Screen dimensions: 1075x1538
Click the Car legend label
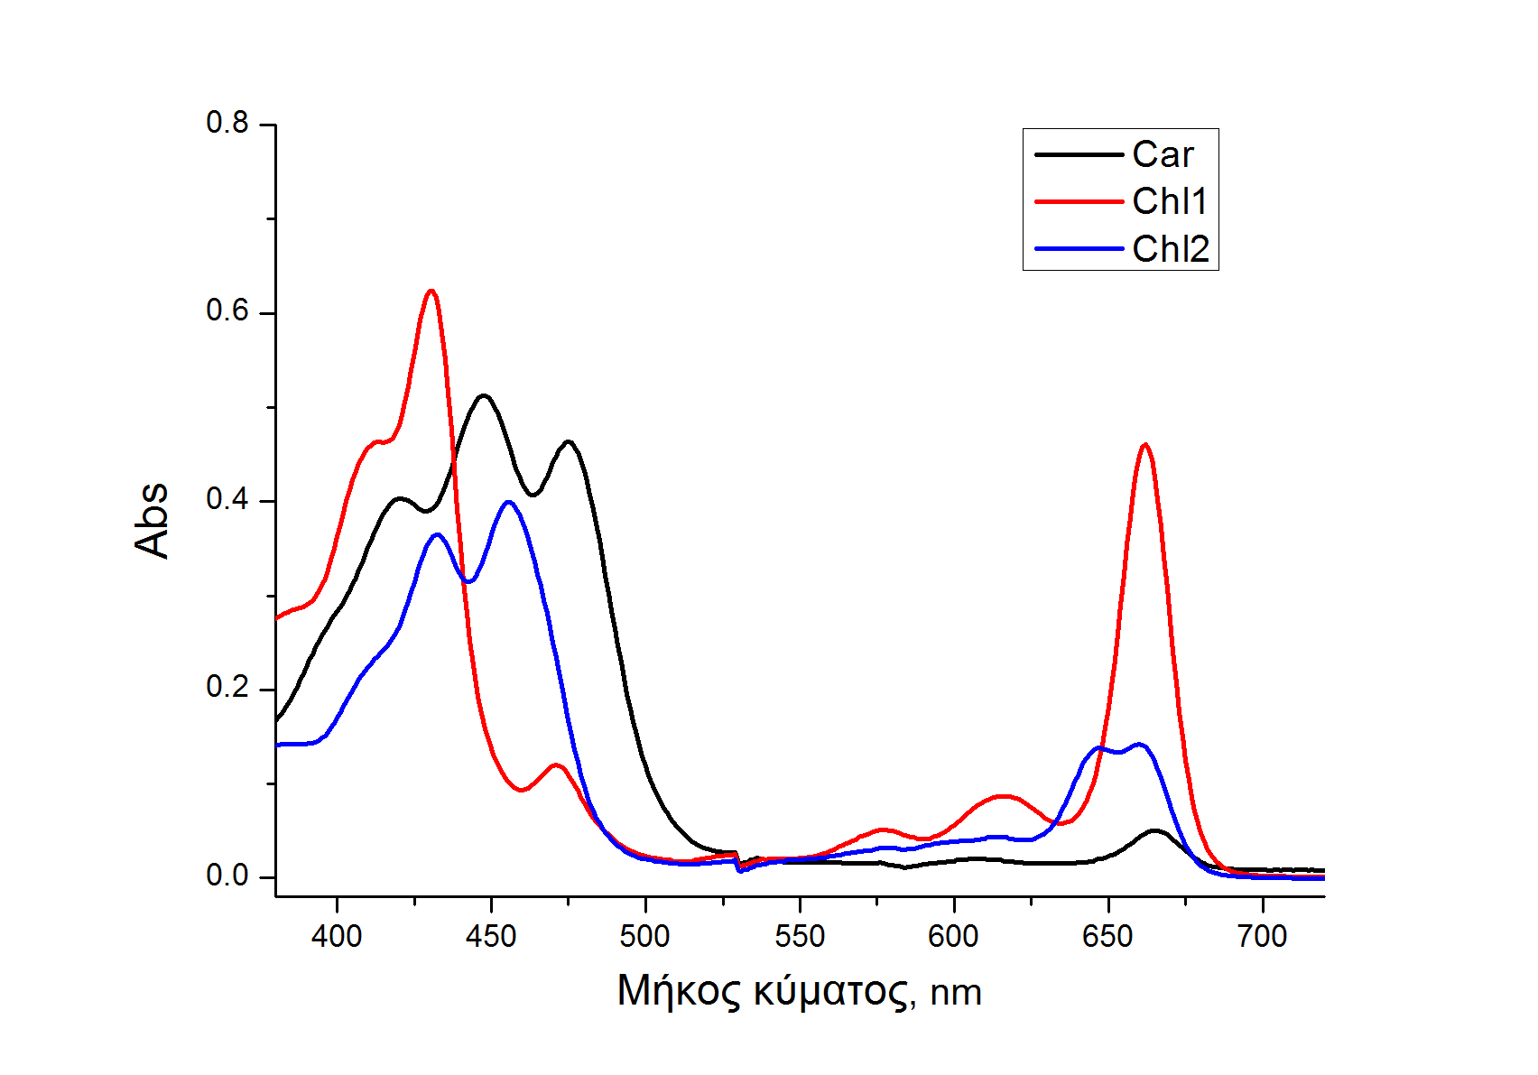click(x=1163, y=155)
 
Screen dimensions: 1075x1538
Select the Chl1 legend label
click(x=1170, y=202)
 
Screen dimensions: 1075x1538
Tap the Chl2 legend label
click(x=1171, y=249)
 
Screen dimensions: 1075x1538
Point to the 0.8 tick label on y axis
click(x=227, y=123)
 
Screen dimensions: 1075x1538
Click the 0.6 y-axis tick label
click(x=227, y=311)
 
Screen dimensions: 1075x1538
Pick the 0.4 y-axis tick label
click(x=227, y=499)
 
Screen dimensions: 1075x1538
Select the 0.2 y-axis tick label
click(x=227, y=688)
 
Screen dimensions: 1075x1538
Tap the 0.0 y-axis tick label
click(x=227, y=876)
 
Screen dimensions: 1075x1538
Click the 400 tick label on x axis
click(x=337, y=937)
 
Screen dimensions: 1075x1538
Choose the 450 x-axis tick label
click(x=491, y=937)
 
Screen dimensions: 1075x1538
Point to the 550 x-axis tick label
click(x=800, y=937)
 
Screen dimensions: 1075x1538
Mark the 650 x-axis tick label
click(x=1107, y=937)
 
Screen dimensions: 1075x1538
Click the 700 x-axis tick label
click(x=1262, y=937)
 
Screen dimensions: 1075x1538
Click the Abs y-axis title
click(x=152, y=520)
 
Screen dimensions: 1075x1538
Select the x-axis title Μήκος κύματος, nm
click(x=799, y=991)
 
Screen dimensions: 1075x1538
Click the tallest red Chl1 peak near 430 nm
click(x=431, y=292)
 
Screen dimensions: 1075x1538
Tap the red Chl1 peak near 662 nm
click(x=1145, y=444)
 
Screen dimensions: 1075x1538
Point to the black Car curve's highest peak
click(x=485, y=395)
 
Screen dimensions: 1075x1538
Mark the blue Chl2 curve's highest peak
click(x=509, y=502)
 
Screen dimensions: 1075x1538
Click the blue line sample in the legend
click(x=1079, y=249)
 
